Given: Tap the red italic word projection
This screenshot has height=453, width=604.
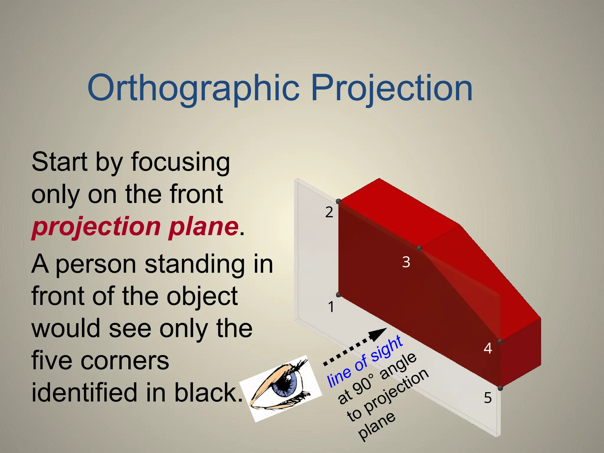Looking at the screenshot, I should pyautogui.click(x=96, y=227).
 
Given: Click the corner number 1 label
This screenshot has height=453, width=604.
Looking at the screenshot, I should pyautogui.click(x=331, y=307).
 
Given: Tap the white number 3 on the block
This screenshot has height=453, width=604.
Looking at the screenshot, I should pyautogui.click(x=406, y=262).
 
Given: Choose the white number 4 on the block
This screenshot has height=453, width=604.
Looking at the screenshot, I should pyautogui.click(x=488, y=348).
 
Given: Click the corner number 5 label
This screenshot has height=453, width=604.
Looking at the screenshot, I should pyautogui.click(x=488, y=398).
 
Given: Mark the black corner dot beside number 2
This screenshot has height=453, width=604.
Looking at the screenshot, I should pyautogui.click(x=339, y=201).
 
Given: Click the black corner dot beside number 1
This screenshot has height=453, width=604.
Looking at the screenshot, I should pyautogui.click(x=339, y=295).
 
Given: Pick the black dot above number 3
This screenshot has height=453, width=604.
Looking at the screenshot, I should pyautogui.click(x=419, y=248).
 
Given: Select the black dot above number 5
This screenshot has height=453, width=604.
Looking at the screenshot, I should pyautogui.click(x=500, y=388).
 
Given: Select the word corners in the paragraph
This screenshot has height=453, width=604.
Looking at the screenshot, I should pyautogui.click(x=129, y=361).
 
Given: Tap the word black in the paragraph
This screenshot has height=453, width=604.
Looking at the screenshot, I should pyautogui.click(x=208, y=393).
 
